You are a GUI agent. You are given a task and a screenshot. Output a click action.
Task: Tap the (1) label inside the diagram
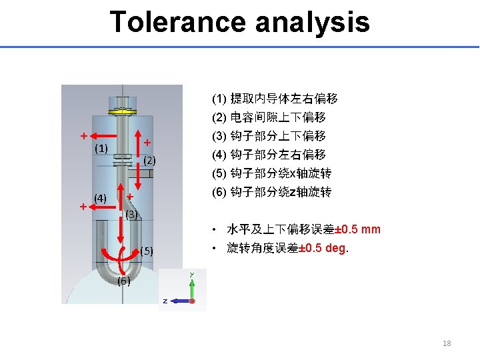click(x=101, y=147)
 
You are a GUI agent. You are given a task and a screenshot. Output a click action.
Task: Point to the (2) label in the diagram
click(x=149, y=161)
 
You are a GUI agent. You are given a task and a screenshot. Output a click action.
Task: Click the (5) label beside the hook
click(x=147, y=251)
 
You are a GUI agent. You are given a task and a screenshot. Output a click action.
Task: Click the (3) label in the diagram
click(x=132, y=215)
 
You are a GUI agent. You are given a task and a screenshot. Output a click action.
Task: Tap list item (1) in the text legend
click(x=275, y=99)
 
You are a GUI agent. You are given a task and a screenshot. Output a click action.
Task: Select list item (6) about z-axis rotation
click(x=271, y=193)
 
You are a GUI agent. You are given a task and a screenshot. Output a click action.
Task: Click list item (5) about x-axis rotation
click(x=271, y=174)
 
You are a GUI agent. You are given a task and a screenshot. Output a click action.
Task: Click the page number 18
click(x=447, y=343)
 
